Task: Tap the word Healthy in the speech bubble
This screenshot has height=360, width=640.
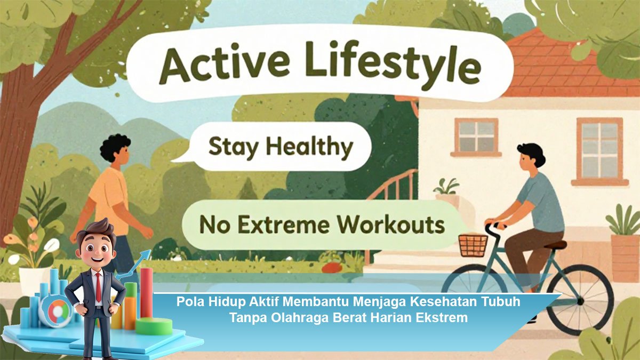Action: [310, 147]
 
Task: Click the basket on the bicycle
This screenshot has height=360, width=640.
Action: [473, 245]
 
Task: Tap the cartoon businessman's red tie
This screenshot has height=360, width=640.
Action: [98, 287]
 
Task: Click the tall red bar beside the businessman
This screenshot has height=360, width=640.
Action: [146, 293]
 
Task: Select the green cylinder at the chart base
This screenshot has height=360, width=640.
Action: [154, 326]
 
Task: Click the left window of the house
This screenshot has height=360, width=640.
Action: [476, 137]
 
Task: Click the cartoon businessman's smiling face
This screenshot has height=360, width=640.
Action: [97, 251]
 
